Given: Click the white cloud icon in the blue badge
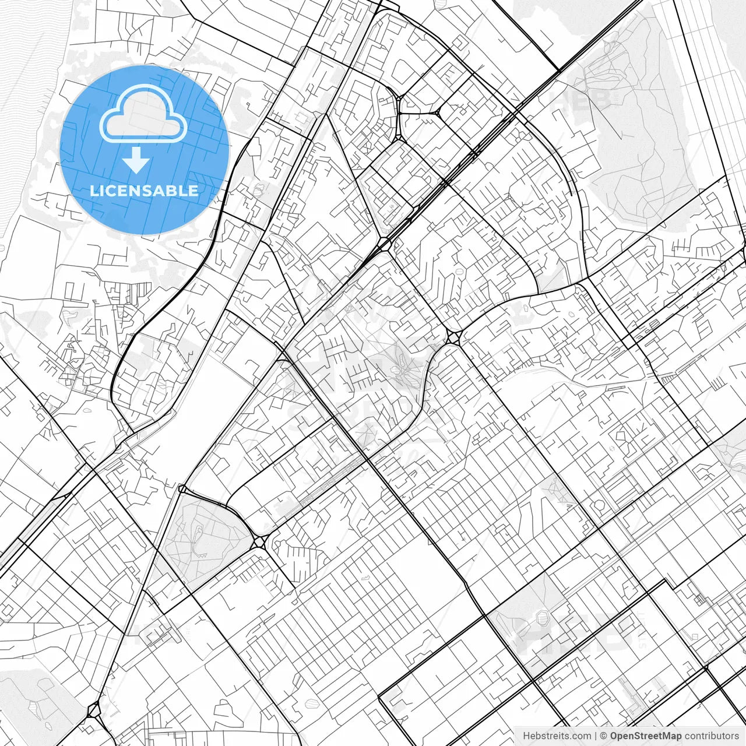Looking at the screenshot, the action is point(143,114).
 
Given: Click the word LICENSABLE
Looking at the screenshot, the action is point(144,191).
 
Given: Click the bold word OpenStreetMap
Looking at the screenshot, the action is point(645,736).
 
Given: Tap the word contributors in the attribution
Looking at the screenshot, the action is point(712,736).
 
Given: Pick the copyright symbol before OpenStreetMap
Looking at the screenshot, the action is point(604,736).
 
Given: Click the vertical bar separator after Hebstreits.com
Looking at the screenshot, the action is point(596,736).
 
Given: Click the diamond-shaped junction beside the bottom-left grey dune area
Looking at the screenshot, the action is point(93,710).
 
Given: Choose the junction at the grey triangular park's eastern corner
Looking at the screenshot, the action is point(260,541).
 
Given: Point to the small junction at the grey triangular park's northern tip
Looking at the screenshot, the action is point(182,488).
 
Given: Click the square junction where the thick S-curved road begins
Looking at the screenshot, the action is point(453,337).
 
